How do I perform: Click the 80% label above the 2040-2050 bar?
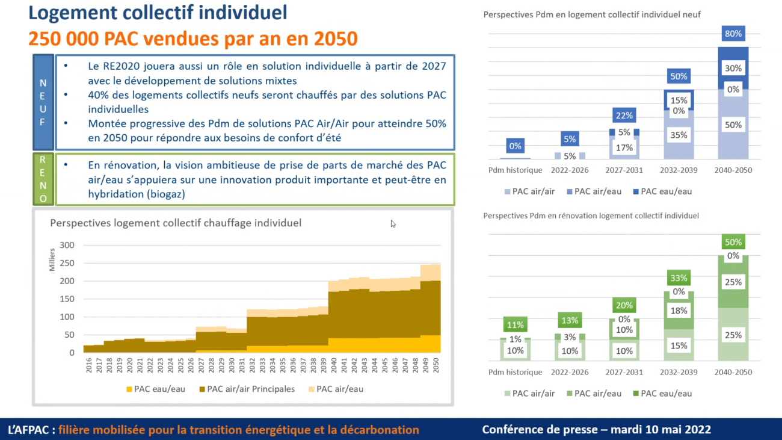(x=733, y=34)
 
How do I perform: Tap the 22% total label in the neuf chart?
(x=624, y=116)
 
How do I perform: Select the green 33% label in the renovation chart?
(x=679, y=279)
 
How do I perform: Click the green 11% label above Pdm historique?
(x=515, y=325)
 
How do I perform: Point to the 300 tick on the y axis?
(x=67, y=245)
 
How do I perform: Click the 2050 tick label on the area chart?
(x=437, y=365)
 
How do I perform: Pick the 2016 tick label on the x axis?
(x=89, y=365)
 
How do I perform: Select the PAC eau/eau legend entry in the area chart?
(x=155, y=389)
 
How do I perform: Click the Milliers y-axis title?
(x=52, y=259)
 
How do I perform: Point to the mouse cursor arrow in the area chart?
(x=393, y=224)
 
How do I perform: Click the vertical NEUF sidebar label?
(x=43, y=102)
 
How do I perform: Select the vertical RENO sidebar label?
(x=43, y=179)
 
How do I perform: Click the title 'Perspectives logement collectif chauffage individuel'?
(x=176, y=223)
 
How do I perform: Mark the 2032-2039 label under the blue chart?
(x=679, y=170)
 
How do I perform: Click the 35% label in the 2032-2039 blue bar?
(x=679, y=135)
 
